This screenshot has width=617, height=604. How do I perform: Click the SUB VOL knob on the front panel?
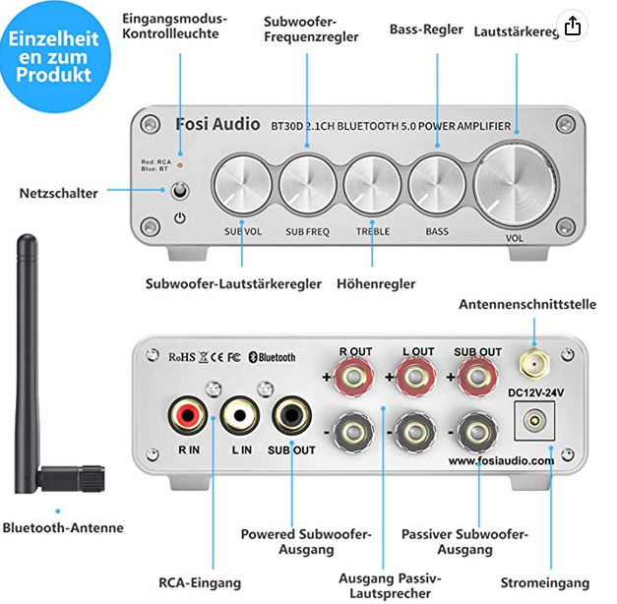point(242,184)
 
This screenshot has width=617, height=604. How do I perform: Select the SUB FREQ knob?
point(307,184)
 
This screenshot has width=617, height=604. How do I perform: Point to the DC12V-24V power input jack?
point(533,419)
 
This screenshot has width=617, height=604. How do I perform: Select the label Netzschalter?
point(59,194)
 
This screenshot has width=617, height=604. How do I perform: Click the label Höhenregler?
point(375,284)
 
